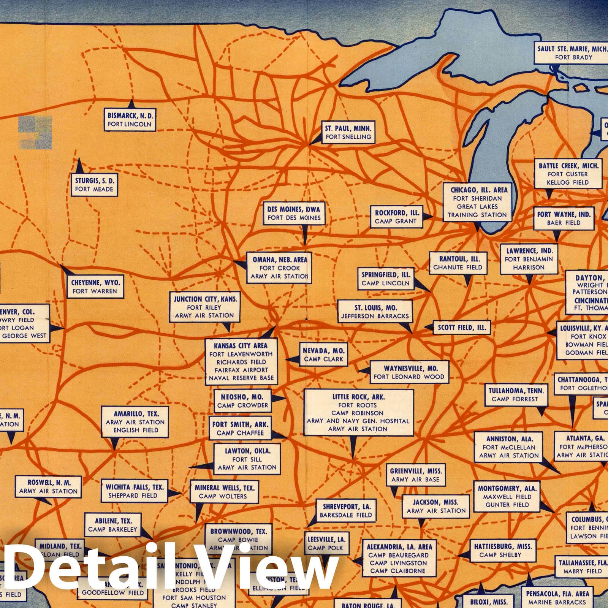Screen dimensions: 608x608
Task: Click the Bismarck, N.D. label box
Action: pos(130,120)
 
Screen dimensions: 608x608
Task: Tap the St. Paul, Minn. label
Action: pos(348,133)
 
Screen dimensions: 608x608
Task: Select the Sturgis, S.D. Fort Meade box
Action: pos(94,185)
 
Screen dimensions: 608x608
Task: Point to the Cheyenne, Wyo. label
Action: pos(95,287)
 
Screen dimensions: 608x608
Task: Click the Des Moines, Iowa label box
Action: pos(294,214)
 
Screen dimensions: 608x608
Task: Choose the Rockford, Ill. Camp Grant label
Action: pos(396,217)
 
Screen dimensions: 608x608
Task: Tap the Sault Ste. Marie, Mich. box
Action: pos(573,53)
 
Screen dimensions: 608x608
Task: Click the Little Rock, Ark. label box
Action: pos(358,413)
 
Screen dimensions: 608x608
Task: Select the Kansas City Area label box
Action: pos(241,362)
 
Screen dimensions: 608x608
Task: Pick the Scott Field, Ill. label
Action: pos(462,328)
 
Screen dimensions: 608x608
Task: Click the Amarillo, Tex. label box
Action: pos(136,422)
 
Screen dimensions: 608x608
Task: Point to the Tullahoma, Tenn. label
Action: pos(516,395)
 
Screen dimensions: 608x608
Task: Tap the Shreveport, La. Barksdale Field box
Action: pos(345,511)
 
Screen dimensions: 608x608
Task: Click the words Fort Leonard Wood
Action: pos(409,377)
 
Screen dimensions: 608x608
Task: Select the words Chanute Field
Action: pos(458,267)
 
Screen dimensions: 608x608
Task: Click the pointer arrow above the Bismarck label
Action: pos(131,103)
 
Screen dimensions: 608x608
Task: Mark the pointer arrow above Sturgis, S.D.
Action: pos(79,166)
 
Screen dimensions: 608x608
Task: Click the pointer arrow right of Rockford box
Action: pos(427,216)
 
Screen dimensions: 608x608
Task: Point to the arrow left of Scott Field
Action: pos(429,327)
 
